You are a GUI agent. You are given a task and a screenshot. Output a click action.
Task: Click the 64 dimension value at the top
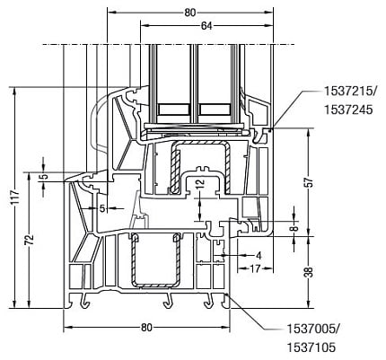point(206,26)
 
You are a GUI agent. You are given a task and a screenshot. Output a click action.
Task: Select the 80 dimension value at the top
point(190,13)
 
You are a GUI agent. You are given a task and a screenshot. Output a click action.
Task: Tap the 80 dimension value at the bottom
point(146,328)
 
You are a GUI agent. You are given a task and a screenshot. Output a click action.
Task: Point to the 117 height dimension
point(14,198)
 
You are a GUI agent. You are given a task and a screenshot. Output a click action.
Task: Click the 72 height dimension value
point(29,241)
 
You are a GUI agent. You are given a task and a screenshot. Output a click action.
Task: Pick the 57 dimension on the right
point(310,183)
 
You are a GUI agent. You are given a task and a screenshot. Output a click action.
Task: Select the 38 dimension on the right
point(310,272)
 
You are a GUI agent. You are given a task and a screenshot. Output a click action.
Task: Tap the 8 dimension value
point(295,228)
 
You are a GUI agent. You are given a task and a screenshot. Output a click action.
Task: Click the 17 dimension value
point(255,268)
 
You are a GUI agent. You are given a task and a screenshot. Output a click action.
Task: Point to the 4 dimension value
point(259,256)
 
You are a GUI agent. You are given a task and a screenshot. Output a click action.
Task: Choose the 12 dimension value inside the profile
point(200,183)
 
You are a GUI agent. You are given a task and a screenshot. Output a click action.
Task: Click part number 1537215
point(348,92)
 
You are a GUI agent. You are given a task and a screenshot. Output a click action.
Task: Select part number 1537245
point(348,110)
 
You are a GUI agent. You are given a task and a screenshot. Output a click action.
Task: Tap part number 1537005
point(312,329)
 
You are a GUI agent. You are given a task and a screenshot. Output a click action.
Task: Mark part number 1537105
point(311,347)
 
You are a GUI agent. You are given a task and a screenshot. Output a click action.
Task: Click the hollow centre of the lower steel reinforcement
point(155,259)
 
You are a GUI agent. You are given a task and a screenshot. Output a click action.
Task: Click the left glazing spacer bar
point(174,110)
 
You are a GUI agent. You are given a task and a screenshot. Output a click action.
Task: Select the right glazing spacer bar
point(215,110)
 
